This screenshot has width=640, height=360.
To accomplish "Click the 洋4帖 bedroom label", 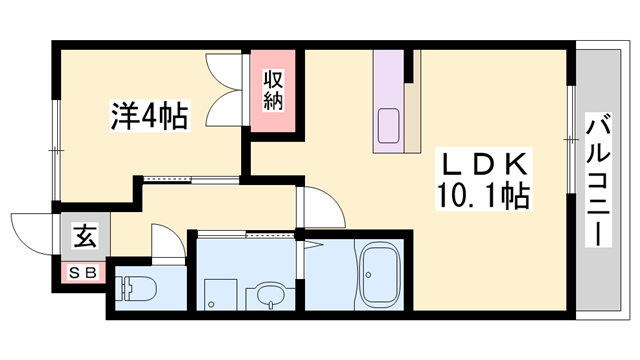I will pos(146,116).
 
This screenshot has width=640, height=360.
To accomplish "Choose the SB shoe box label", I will pos(83,270).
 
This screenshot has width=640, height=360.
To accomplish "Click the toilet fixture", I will pos(141,290).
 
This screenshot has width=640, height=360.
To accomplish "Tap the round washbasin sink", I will pos(268,296).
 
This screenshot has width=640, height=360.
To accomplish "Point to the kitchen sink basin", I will pos(386,128).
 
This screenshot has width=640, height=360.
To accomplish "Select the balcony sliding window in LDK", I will pos(571,150).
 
